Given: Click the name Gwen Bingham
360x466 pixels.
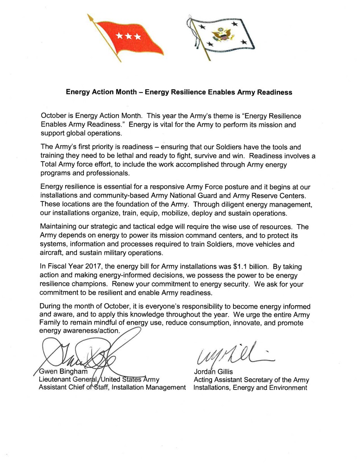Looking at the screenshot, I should tap(64, 372).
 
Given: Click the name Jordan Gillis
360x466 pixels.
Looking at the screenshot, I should tap(213, 372).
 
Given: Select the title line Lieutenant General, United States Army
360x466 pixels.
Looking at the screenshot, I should tap(99, 379).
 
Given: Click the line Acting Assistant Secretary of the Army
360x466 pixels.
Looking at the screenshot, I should tap(251, 380).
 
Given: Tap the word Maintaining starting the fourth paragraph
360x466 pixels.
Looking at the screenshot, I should tap(59, 227).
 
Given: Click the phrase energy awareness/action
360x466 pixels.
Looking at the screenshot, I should tap(80, 331).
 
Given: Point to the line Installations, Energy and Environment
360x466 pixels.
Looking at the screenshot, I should tap(250, 388).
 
